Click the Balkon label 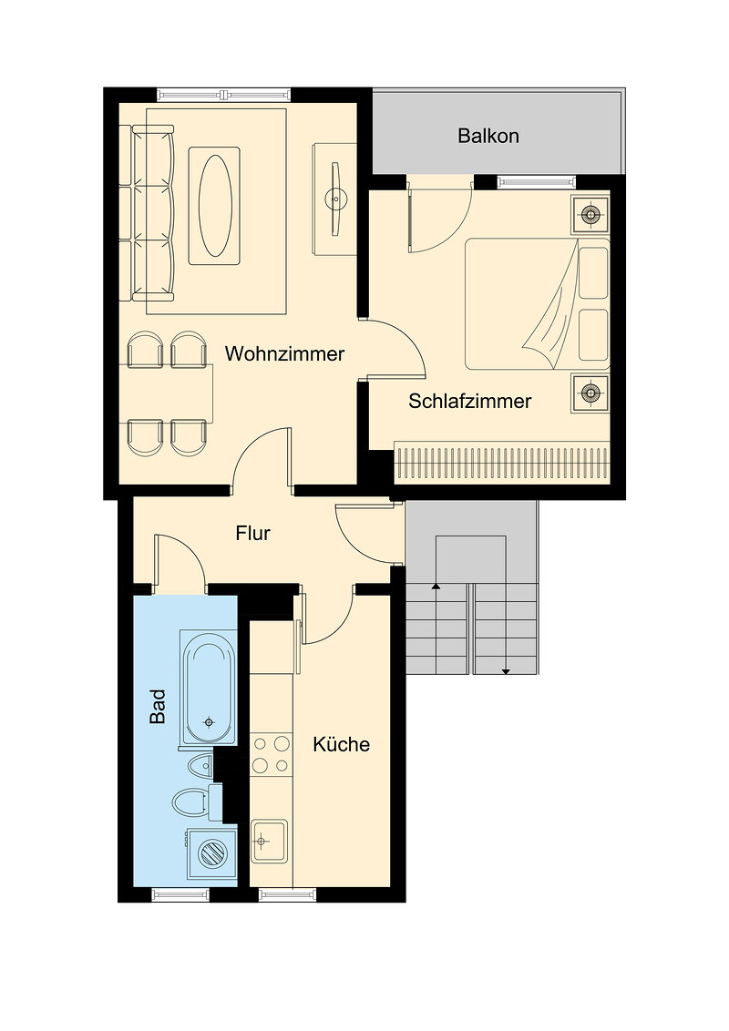coord(488,136)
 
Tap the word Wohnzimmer coord(284,353)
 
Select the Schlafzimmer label coord(470,401)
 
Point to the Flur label coord(252,533)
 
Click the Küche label coord(341,744)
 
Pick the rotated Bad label coord(158,707)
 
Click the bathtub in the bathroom coord(210,688)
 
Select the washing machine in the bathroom coord(211,854)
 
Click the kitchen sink coord(270,841)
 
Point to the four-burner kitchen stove coord(271,754)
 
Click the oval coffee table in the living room coord(215,205)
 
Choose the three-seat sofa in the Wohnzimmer coord(153,213)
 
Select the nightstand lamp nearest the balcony coord(590,214)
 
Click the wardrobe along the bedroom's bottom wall coord(502,463)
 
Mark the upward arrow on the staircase coord(436,628)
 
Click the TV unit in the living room coord(335,198)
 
